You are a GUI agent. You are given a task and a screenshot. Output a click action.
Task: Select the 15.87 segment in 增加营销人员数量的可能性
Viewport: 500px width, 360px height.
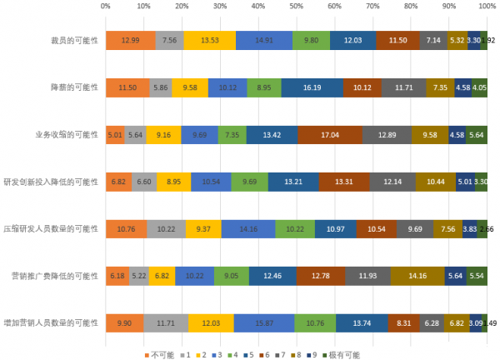pyautogui.click(x=264, y=322)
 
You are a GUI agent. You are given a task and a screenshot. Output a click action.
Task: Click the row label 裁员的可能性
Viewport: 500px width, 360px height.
pyautogui.click(x=75, y=40)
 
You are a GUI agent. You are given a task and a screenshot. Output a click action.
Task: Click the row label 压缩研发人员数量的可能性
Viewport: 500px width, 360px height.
pyautogui.click(x=52, y=228)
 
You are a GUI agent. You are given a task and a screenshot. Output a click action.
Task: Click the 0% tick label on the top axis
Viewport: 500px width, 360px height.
pyautogui.click(x=105, y=6)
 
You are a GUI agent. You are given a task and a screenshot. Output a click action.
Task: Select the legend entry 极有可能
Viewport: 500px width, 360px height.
pyautogui.click(x=343, y=354)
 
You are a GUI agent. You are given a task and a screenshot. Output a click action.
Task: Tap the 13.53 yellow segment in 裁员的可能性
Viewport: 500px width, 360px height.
pyautogui.click(x=210, y=40)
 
